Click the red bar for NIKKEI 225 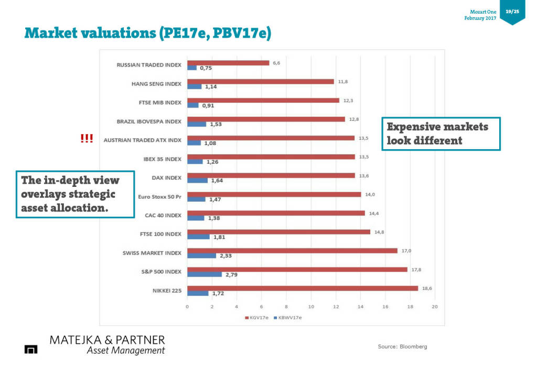point(303,288)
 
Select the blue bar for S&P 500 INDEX point(205,274)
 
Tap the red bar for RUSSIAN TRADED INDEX point(228,63)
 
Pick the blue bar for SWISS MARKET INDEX point(201,255)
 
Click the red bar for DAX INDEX point(271,175)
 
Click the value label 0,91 point(208,105)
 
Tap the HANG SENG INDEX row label point(156,84)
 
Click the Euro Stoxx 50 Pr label point(159,197)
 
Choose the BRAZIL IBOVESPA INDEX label point(149,121)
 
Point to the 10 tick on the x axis point(311,306)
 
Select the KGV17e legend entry point(257,318)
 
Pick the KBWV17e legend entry point(288,318)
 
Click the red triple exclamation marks point(87,139)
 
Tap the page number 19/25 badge point(512,11)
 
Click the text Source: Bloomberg point(402,347)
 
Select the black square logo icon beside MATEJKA point(31,349)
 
